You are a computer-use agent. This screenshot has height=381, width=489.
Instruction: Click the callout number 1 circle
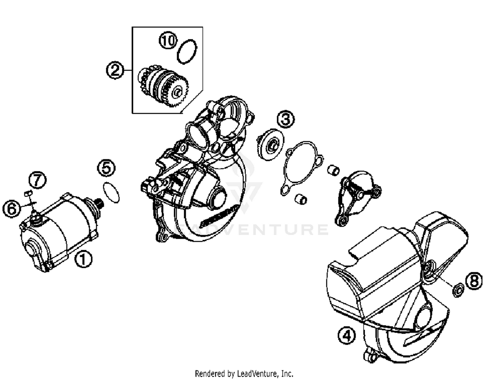tap(83, 259)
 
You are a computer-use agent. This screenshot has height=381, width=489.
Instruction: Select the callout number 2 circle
tap(115, 70)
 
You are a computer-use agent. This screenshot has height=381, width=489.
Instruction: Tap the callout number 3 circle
tap(286, 119)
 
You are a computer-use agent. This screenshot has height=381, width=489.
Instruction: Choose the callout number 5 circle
tap(106, 168)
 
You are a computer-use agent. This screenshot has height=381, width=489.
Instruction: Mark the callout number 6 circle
tap(12, 208)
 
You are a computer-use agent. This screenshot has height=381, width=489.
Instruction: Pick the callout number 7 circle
tap(37, 180)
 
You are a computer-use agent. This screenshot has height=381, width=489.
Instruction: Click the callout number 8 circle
tap(474, 280)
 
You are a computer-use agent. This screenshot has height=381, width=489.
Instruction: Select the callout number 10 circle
tap(168, 41)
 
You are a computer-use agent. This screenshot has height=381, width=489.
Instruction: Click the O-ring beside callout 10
tap(187, 51)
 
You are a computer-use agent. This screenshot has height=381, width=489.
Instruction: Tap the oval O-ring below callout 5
tap(111, 193)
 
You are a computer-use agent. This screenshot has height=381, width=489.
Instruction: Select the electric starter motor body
tap(59, 231)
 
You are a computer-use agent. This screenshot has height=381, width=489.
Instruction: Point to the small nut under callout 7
tap(28, 194)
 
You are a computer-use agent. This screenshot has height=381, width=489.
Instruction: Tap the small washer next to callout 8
tap(458, 290)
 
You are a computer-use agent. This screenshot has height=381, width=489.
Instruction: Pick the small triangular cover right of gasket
tap(357, 195)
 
